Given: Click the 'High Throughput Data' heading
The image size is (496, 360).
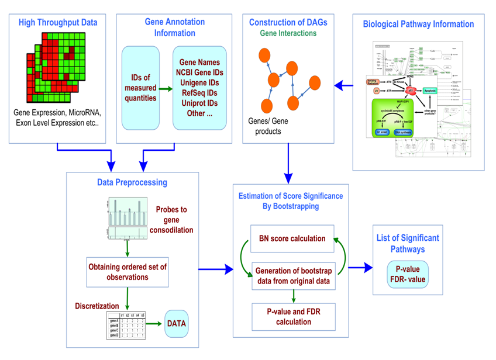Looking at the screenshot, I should point(58,23).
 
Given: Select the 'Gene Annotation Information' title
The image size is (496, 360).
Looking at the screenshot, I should point(174,27).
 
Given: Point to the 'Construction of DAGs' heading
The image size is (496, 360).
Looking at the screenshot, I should point(288,23).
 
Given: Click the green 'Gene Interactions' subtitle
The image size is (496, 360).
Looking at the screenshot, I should point(288,33).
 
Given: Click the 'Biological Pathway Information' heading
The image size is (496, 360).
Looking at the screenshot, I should point(418,25).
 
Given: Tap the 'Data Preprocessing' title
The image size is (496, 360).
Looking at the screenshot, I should point(132,182).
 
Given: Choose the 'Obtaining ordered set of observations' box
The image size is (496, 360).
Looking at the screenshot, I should point(127,272).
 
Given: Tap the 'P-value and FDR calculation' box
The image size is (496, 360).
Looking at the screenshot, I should point(292,316).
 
